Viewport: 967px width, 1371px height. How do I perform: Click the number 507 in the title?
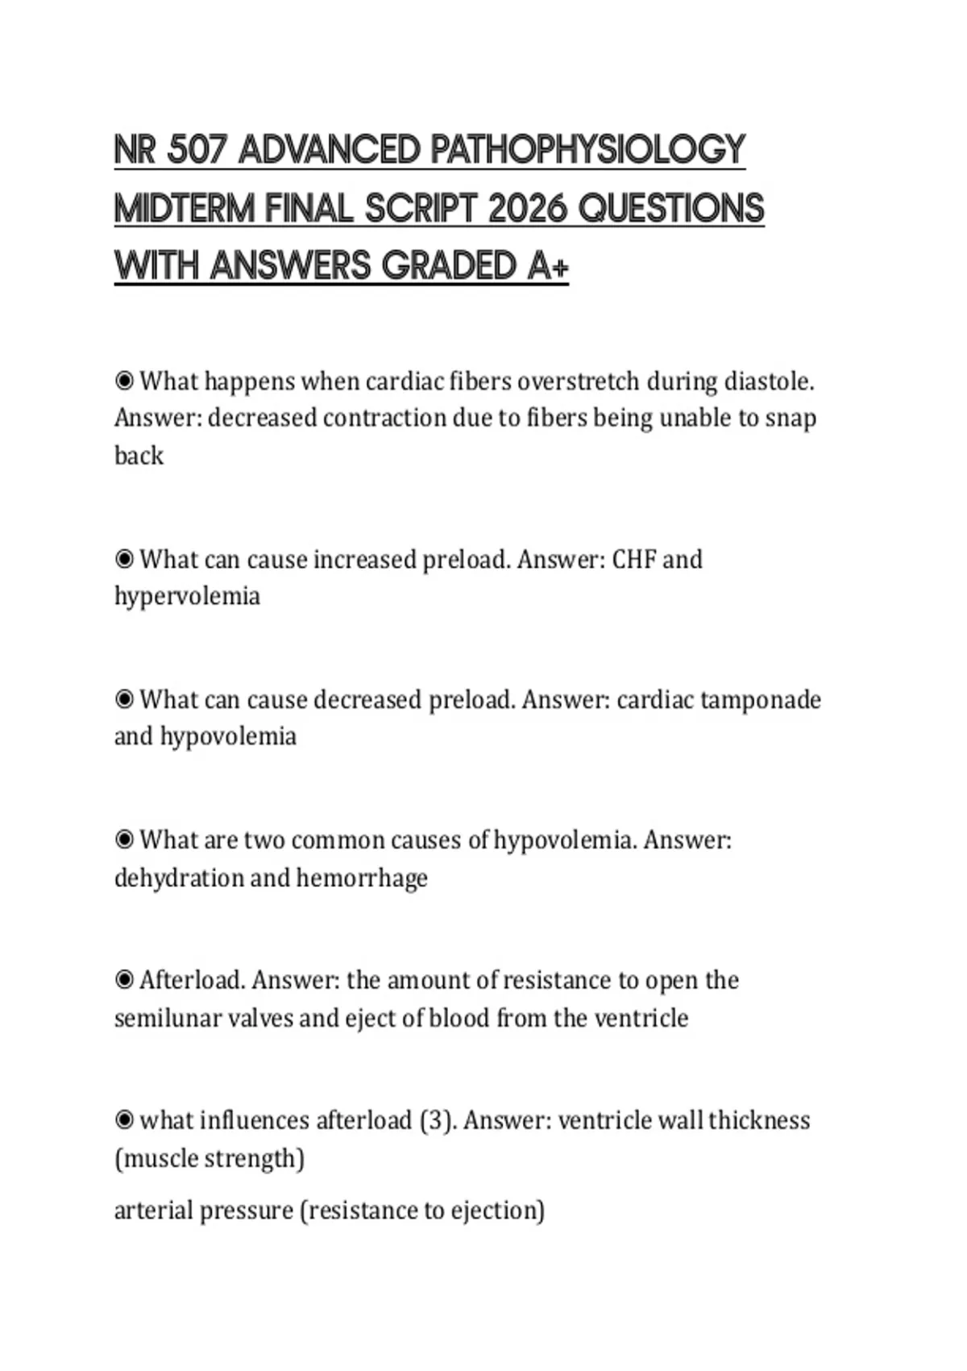click(197, 150)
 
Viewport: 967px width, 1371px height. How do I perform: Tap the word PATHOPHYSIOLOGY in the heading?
click(588, 150)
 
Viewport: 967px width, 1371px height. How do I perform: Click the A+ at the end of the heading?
click(548, 266)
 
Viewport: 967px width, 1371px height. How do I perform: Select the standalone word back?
click(139, 456)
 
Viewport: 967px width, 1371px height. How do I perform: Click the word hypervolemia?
click(187, 597)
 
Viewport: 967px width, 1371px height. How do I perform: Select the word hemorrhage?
click(362, 877)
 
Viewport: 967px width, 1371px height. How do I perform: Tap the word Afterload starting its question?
click(192, 980)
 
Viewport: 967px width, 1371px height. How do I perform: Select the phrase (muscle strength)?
click(210, 1158)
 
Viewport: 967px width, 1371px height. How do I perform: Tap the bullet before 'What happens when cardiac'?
click(124, 381)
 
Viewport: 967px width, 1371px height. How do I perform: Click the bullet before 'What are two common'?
click(124, 840)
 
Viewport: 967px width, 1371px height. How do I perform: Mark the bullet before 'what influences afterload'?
click(124, 1120)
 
